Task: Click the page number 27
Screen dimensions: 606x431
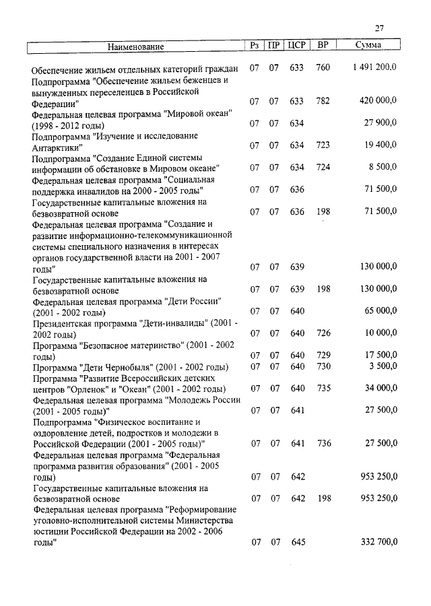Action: [x=379, y=28]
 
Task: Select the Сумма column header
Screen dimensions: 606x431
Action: [x=368, y=46]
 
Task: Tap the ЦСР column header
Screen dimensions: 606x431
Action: [x=297, y=46]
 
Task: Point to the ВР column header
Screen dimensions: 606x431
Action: [x=323, y=46]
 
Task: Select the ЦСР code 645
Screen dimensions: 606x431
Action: [x=298, y=542]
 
